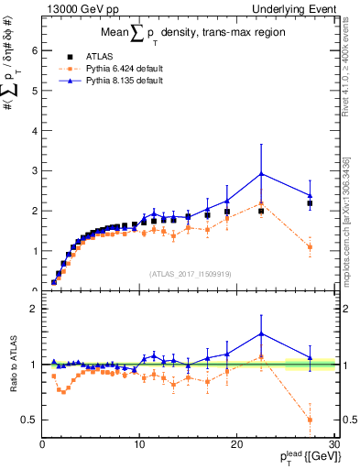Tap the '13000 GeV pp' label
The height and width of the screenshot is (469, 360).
click(75, 8)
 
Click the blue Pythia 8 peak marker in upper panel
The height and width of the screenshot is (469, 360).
click(261, 173)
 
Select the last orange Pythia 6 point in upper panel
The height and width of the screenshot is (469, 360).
click(310, 246)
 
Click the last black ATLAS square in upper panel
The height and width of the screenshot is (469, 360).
click(310, 203)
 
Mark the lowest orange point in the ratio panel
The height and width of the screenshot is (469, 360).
click(310, 420)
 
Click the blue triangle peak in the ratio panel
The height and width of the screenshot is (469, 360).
click(261, 333)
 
